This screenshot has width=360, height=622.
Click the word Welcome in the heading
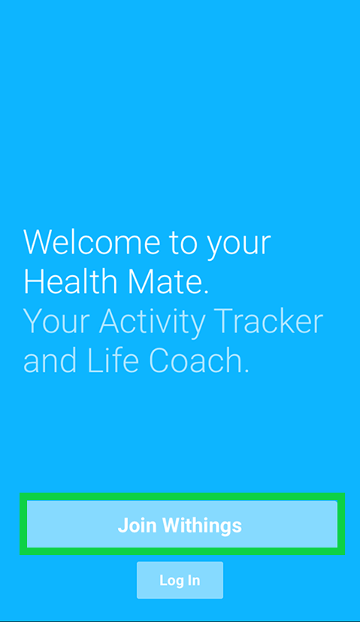[92, 242]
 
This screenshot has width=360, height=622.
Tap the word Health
[69, 282]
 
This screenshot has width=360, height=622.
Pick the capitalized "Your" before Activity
[57, 322]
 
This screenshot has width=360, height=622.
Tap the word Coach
[198, 361]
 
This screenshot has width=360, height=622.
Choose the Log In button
[180, 580]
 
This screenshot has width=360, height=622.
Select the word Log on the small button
[170, 581]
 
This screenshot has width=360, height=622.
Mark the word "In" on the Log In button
[193, 580]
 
